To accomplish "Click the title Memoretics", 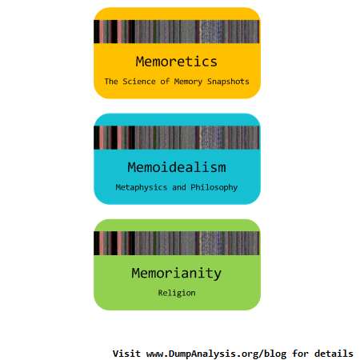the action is point(176,62).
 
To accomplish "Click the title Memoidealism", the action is point(177,167).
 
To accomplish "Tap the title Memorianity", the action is point(177,274).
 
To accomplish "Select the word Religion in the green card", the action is point(177,294).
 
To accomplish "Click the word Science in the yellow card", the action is point(139,82).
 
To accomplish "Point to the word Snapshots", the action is point(228,82).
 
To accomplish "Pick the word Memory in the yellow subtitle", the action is point(188,82).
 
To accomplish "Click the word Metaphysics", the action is point(142,187).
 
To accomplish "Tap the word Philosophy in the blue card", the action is point(214,187).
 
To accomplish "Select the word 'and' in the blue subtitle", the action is point(179,187).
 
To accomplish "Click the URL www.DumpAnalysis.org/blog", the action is point(216,354).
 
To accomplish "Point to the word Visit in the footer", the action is point(126,354).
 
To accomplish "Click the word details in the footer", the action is point(334,354).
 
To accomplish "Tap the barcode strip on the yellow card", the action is point(177,31).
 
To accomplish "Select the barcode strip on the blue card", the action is point(177,138).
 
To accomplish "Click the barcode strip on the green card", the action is point(177,243).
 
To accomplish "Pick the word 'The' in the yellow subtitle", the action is point(111,82).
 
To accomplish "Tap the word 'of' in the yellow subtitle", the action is point(165,82).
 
